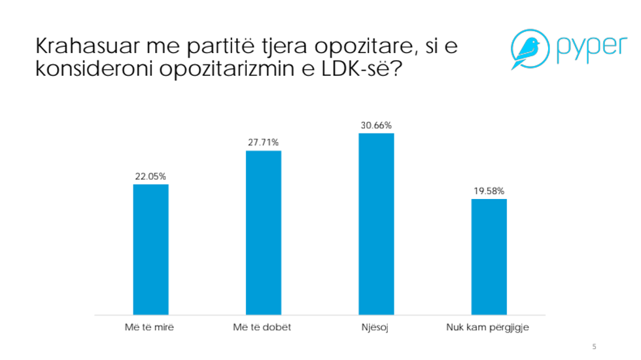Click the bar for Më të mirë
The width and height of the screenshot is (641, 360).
[x=150, y=249]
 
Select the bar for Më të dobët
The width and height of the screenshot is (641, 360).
[x=264, y=233]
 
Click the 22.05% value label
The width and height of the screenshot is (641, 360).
[x=150, y=176]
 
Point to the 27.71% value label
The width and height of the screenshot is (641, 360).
[x=264, y=142]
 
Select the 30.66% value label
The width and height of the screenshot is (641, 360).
[x=377, y=125]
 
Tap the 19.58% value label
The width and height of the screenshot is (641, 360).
[x=489, y=191]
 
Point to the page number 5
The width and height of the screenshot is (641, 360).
[x=594, y=347]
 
